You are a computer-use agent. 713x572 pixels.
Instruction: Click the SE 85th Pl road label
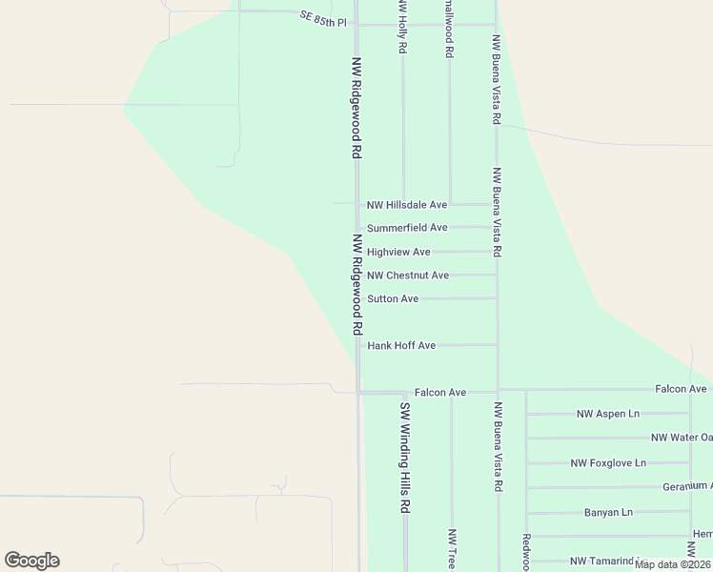point(321,19)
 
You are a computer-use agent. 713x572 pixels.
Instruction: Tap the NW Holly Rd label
point(402,27)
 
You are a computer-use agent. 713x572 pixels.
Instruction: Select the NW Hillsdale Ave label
point(407,205)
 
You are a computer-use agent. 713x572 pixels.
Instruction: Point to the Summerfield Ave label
point(407,228)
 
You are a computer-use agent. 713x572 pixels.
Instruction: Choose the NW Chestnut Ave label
point(408,276)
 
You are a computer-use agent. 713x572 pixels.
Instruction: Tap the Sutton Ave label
point(393,298)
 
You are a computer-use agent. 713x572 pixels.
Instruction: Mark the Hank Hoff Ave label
point(401,345)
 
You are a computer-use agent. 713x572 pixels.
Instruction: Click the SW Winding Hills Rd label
point(404,458)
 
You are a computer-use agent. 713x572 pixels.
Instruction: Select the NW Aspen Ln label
point(608,414)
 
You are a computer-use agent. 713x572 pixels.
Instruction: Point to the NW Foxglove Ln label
point(608,463)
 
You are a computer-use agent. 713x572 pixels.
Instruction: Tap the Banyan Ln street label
point(608,512)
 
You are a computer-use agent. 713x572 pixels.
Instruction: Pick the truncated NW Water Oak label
point(682,438)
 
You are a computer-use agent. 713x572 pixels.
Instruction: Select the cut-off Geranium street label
point(687,486)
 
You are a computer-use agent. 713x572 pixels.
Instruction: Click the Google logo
point(31,561)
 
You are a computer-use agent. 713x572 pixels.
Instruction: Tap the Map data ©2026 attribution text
point(672,564)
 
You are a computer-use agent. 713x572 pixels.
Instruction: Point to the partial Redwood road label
point(525,551)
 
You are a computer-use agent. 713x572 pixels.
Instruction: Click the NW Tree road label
point(452,550)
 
